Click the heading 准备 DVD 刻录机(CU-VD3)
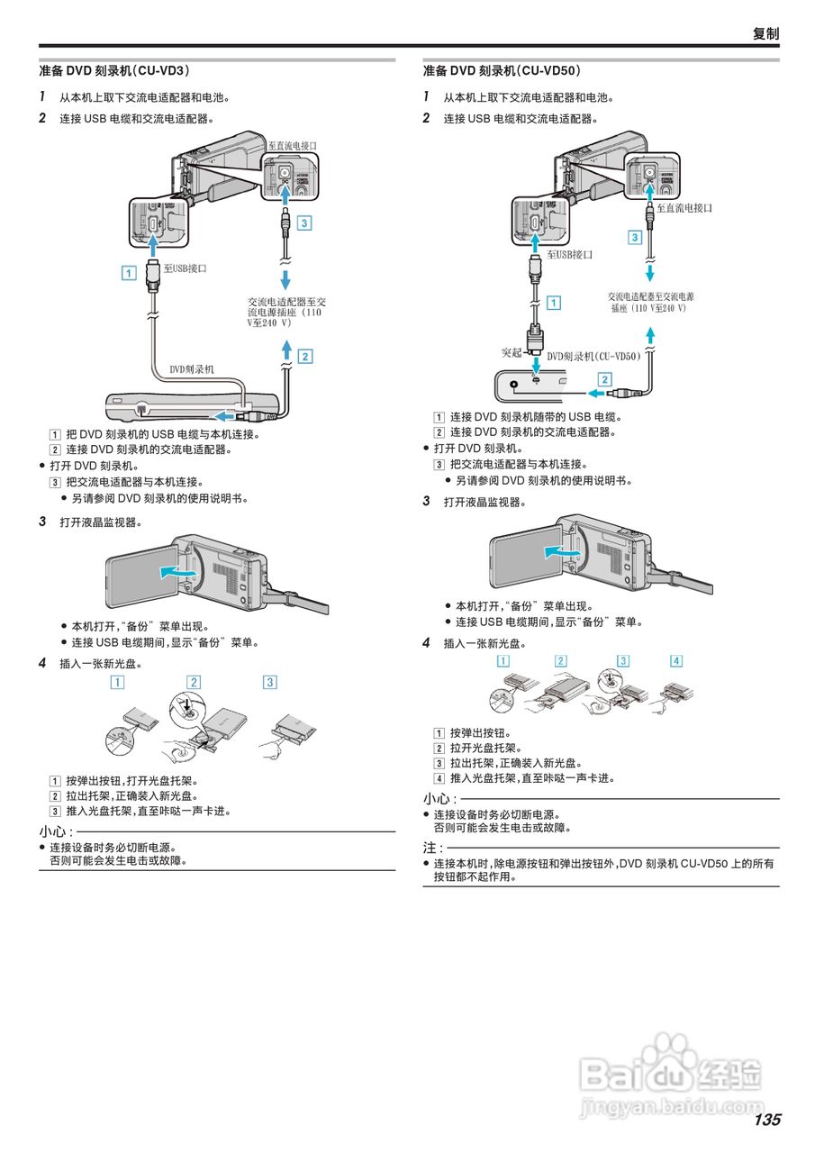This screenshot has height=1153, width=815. (113, 70)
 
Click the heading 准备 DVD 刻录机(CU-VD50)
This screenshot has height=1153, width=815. (502, 70)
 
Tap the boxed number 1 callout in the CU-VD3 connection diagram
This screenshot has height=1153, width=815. (129, 270)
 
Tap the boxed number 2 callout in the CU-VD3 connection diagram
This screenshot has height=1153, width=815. (305, 356)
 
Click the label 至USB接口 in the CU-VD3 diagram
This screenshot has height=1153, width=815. (185, 268)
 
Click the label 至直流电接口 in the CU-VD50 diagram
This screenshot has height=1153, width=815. (684, 207)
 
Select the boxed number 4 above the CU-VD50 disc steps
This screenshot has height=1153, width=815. (676, 660)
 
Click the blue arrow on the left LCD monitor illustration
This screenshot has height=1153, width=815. (177, 571)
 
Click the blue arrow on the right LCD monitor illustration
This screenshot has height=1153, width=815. (562, 549)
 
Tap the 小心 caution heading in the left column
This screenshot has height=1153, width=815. (55, 831)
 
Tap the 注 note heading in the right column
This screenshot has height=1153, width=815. (432, 848)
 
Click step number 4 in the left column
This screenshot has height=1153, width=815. (42, 663)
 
